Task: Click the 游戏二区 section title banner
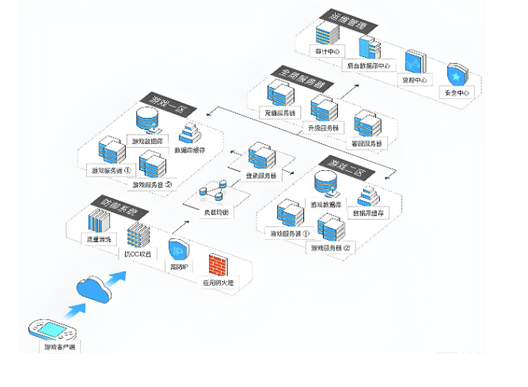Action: point(336,165)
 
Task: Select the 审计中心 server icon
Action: point(327,34)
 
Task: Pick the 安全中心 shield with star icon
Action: point(458,75)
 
